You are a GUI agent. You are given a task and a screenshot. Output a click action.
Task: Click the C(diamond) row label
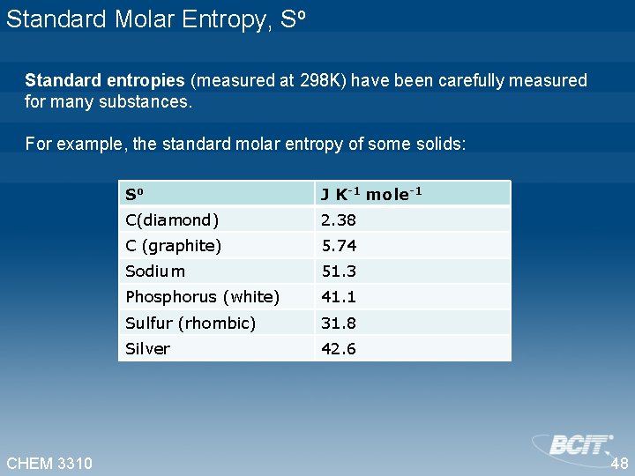coord(173,219)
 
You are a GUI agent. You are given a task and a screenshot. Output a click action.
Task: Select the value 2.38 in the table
coord(339,219)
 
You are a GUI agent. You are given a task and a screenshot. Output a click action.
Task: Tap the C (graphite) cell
coord(174,245)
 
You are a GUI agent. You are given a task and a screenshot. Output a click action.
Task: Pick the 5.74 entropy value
coord(339,245)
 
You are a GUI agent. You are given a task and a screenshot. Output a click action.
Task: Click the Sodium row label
coord(155,271)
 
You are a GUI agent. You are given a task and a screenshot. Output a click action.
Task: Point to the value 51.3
coord(339,271)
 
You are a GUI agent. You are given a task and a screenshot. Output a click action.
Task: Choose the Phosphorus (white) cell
coord(203,297)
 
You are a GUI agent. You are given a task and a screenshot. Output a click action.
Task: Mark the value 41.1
coord(339,297)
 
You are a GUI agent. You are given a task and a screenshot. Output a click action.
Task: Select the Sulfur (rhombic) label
coord(190,323)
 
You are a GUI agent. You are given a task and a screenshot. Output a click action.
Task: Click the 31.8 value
coord(339,323)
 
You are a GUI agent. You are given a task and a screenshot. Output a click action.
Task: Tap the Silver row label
coord(147,348)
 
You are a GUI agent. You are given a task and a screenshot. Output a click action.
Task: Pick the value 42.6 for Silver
coord(339,348)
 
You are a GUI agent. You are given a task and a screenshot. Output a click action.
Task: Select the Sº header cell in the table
coord(134,194)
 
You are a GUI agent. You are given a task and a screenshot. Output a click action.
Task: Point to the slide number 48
coord(619,464)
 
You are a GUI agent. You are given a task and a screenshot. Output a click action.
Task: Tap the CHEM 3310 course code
coord(49,463)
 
